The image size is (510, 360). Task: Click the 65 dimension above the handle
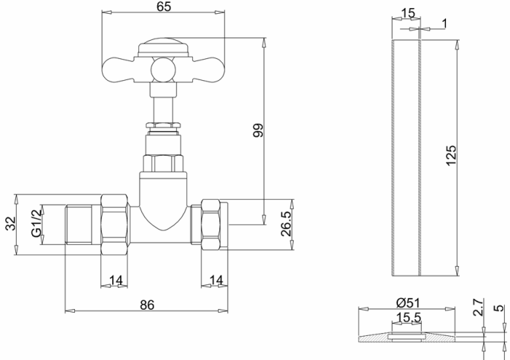tap(164, 7)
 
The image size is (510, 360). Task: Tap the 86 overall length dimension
tap(147, 306)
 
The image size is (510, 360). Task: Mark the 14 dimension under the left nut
tap(115, 280)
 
